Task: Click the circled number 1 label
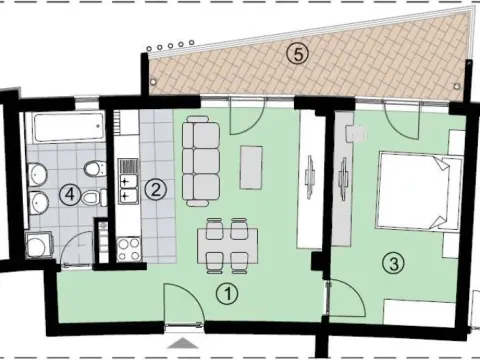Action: pyautogui.click(x=228, y=294)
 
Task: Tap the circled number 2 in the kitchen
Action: pyautogui.click(x=154, y=187)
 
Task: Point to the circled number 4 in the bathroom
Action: pyautogui.click(x=69, y=195)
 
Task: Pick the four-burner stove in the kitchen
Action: pyautogui.click(x=128, y=248)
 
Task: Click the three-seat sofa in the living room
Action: pyautogui.click(x=203, y=157)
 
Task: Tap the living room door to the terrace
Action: pyautogui.click(x=244, y=118)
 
